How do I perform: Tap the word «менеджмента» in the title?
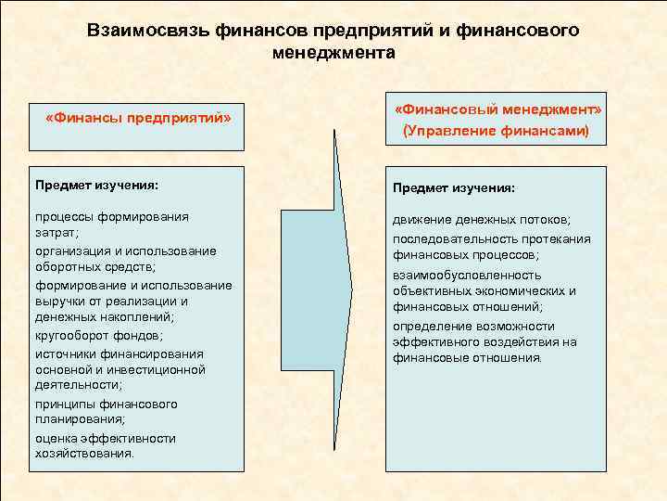tap(333, 53)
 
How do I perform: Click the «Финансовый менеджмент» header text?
tap(497, 110)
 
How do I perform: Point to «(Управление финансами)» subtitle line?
tap(496, 132)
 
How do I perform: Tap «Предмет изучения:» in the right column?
tap(453, 188)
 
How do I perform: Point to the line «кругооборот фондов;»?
tap(99, 335)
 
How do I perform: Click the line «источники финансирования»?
tap(120, 353)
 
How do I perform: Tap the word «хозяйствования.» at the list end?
tap(85, 455)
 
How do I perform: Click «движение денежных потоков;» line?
tap(482, 219)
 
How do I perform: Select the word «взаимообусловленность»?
tap(467, 275)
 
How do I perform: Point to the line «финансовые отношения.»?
tap(468, 358)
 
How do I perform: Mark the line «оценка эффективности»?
tap(106, 438)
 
